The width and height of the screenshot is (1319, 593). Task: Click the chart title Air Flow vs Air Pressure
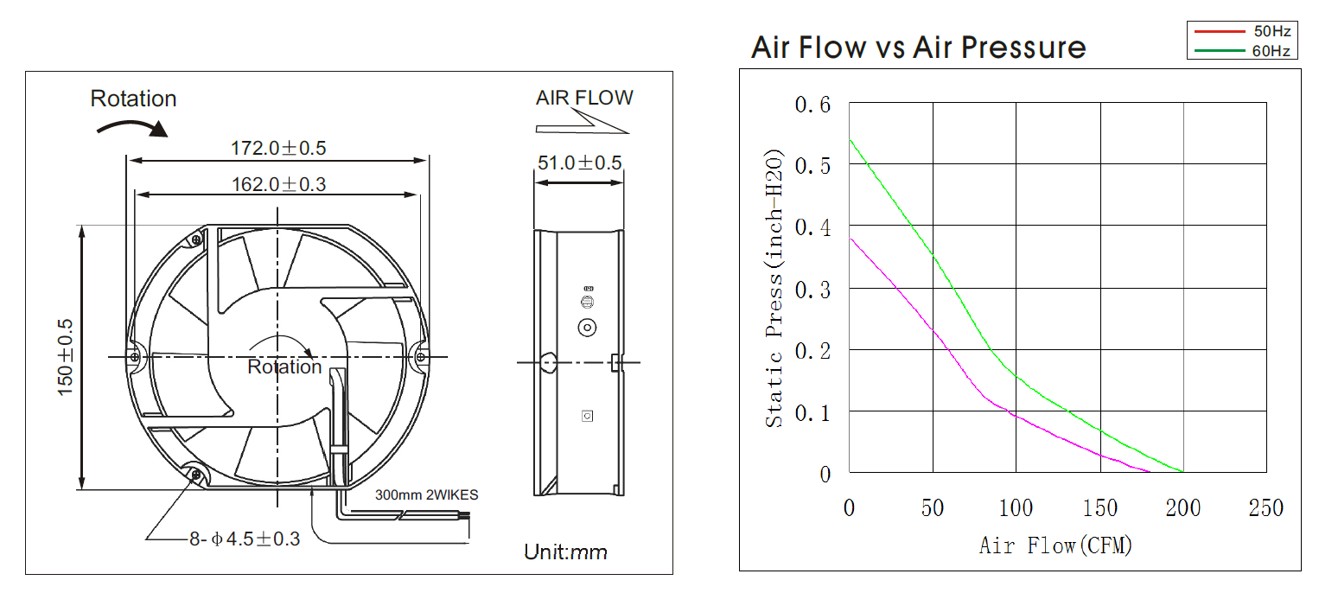918,47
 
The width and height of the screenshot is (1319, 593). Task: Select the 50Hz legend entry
1271,32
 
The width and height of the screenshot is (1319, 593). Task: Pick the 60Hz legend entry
1271,51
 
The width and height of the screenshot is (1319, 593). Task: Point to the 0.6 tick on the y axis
812,105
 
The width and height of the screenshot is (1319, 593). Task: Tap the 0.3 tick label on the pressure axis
812,289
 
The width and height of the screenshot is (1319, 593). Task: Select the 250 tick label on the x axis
1265,507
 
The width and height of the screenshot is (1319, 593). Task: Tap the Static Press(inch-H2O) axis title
774,289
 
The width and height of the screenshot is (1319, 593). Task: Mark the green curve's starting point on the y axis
850,140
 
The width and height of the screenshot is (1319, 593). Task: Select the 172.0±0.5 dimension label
277,148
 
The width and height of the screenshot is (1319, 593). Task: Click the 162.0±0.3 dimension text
277,183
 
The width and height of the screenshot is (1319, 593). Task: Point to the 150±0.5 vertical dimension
66,358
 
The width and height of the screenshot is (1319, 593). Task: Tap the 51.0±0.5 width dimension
579,163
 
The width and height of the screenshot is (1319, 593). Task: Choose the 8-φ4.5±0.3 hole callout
245,539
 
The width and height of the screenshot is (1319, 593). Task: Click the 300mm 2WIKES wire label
426,495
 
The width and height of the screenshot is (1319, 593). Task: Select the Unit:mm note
565,552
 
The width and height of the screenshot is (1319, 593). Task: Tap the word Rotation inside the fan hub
284,367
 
